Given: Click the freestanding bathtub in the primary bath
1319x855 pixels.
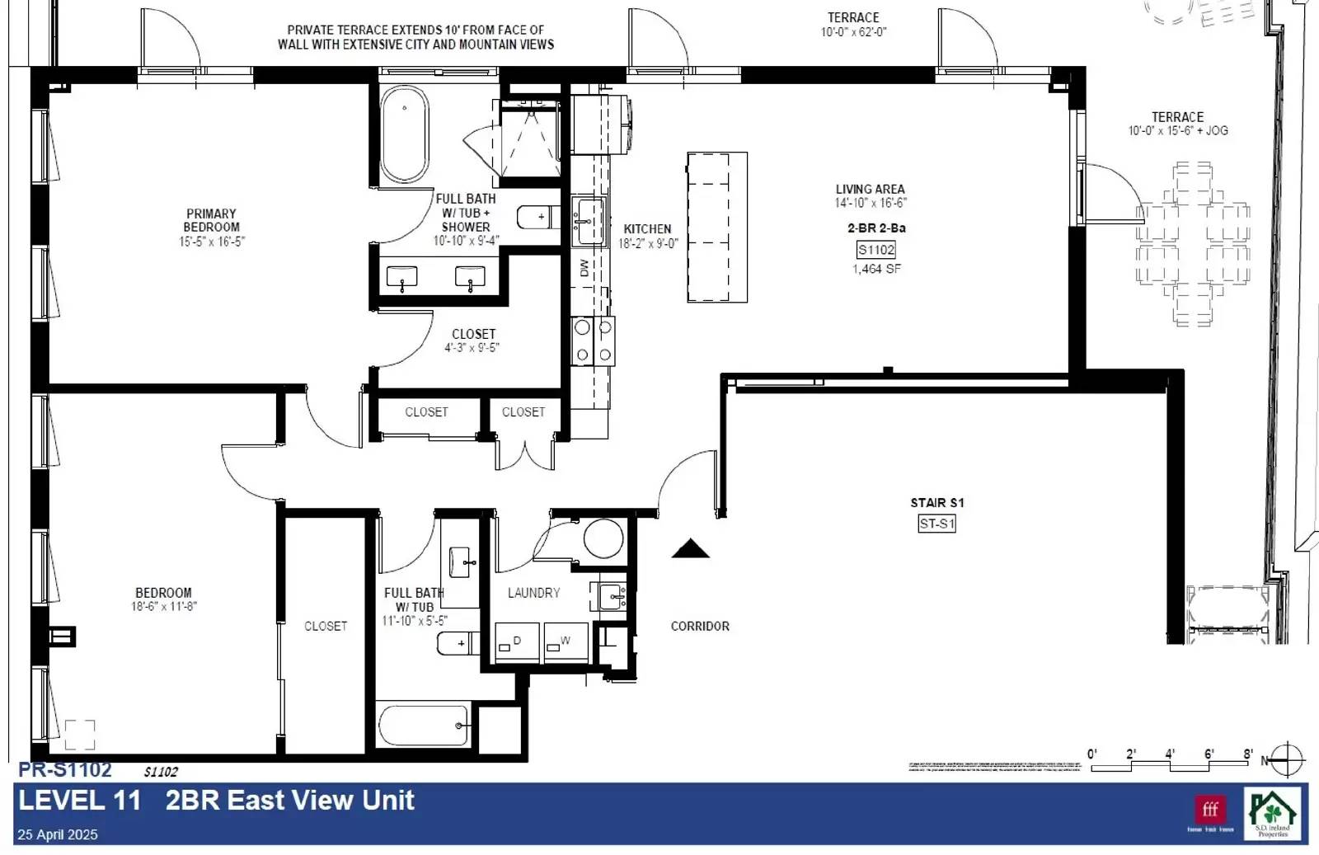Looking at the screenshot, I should (x=404, y=134).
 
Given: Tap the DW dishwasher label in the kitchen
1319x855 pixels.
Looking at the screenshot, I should (x=584, y=268).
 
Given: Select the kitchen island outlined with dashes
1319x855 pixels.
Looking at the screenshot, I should (x=717, y=228).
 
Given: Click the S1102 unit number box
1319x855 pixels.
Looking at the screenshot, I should (x=875, y=250).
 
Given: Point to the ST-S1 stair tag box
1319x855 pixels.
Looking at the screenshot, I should (x=936, y=524).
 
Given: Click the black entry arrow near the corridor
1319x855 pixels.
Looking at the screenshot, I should (x=690, y=549).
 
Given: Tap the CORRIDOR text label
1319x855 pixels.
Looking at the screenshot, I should (x=700, y=627).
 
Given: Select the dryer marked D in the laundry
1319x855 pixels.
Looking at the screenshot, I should (x=517, y=642).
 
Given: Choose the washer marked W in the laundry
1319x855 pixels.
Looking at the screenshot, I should (x=566, y=642).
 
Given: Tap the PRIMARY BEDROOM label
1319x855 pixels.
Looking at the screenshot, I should (x=211, y=220).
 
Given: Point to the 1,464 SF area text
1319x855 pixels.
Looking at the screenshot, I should (x=876, y=269).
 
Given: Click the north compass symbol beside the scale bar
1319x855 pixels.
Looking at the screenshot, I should (x=1287, y=760).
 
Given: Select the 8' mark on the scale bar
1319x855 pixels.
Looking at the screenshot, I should (x=1248, y=754).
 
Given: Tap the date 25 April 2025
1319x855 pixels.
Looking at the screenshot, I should (x=58, y=834).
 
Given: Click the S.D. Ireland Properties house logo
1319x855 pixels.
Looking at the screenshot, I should (x=1273, y=813).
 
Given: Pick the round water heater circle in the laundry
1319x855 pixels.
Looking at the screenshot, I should (x=603, y=539).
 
